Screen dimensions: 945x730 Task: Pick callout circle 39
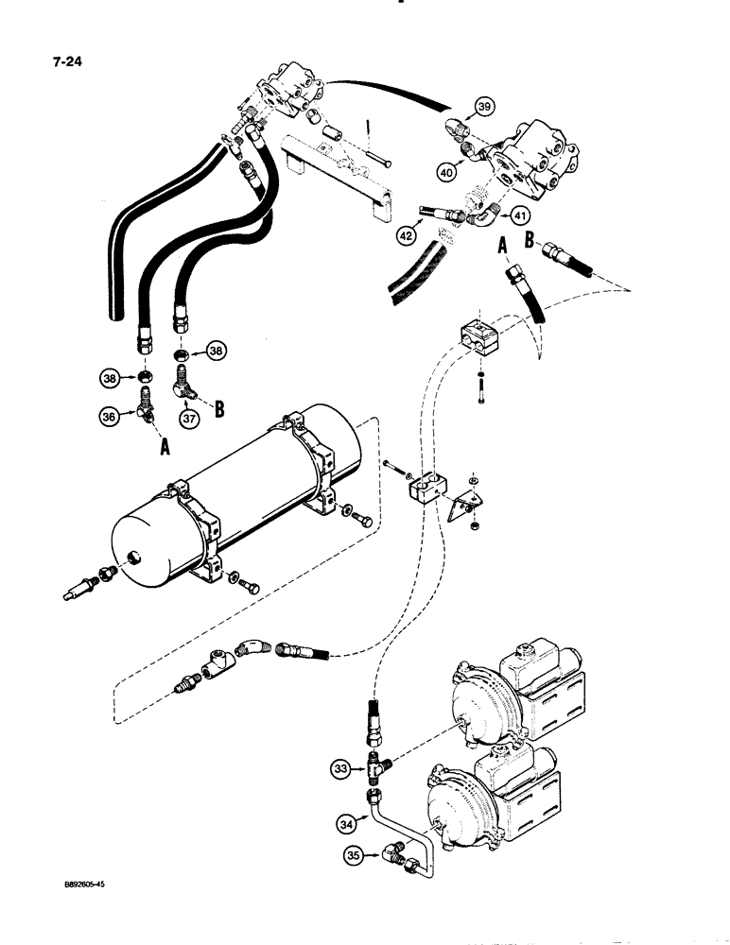pos(484,106)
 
